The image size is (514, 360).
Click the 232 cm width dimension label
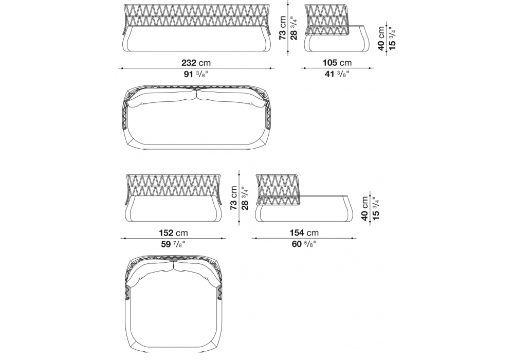coord(196,63)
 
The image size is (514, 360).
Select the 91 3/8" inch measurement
coord(196,74)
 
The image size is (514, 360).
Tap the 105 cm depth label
coord(337,63)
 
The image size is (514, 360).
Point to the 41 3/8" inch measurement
coord(337,74)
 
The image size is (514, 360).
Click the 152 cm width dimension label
coord(173,233)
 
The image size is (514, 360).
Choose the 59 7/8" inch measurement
coord(173,244)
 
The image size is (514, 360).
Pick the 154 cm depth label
coord(304,233)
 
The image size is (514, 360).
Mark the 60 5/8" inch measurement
coord(304,244)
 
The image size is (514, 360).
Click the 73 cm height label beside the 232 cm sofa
coord(283,28)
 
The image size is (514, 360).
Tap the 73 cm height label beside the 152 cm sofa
coord(234,198)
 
